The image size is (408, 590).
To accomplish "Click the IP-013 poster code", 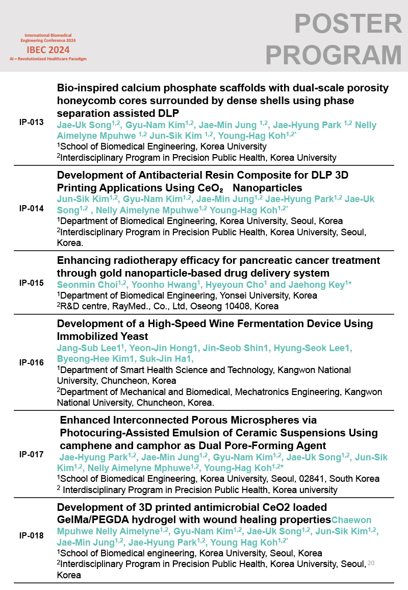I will point(31,122).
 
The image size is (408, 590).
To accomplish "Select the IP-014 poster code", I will point(31,208).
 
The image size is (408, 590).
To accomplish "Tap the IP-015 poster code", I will point(31,283).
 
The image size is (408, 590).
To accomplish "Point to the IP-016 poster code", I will point(31,362).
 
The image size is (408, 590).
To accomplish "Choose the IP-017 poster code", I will point(31,454).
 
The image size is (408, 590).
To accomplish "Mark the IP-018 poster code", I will point(31,536).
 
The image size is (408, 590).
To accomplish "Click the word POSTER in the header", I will point(348,24).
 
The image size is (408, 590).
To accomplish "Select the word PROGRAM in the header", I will point(334,55).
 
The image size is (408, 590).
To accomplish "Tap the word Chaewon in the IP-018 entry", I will point(351,520).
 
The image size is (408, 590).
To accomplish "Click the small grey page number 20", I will point(371,562).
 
